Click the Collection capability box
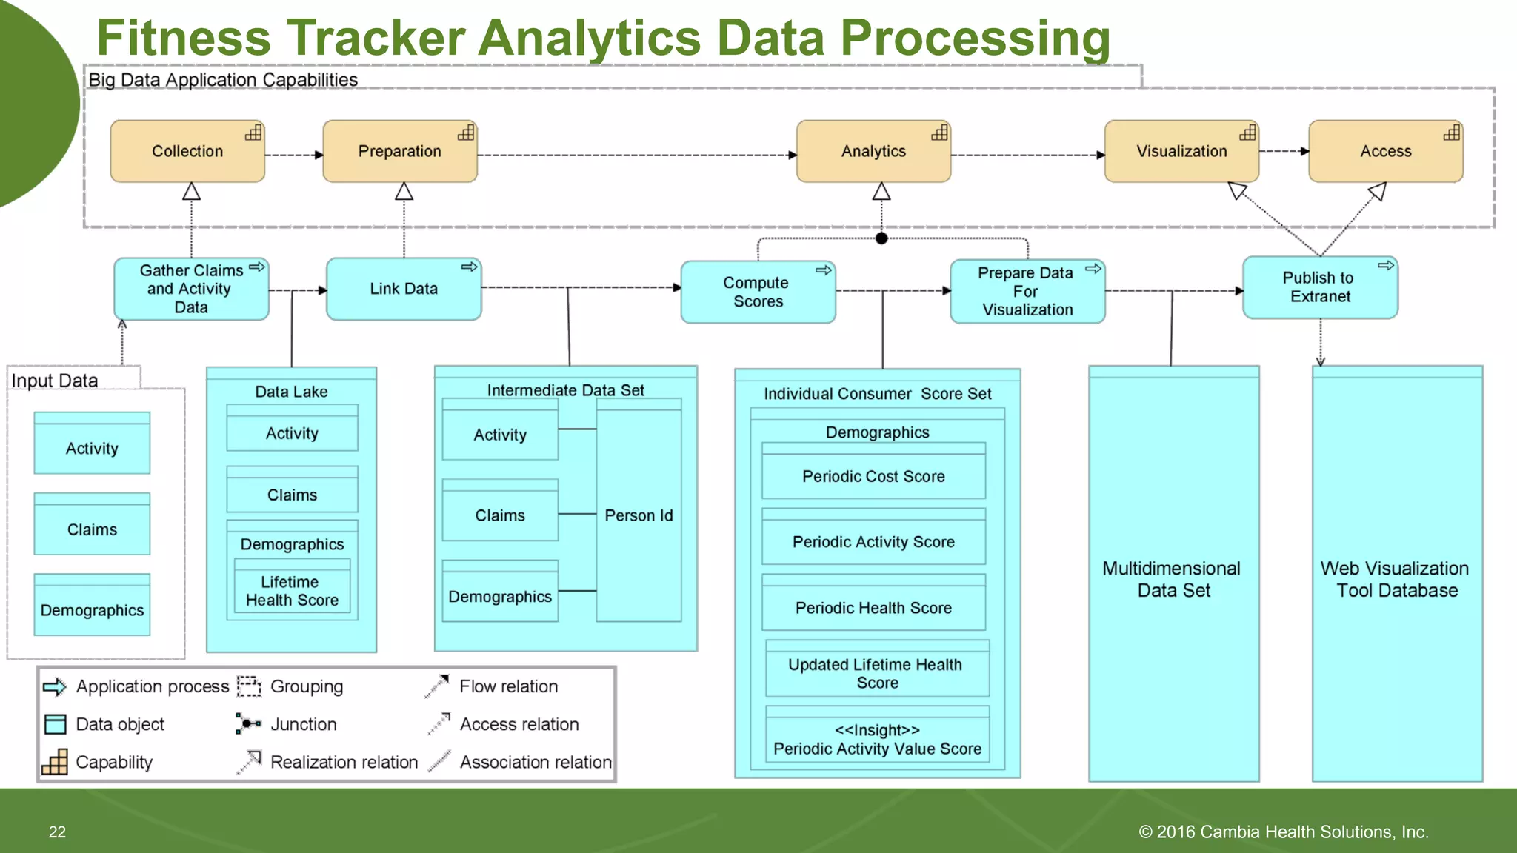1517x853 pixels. tap(187, 152)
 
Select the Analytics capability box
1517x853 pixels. tap(873, 152)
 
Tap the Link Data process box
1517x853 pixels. tap(404, 289)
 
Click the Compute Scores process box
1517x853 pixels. tap(757, 292)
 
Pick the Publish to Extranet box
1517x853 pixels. tap(1319, 287)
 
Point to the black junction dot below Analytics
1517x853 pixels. tap(881, 238)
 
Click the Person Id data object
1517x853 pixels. tap(639, 515)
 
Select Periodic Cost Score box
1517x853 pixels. tap(873, 476)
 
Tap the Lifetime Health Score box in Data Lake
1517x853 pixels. tap(292, 591)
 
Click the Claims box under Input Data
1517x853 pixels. tap(92, 529)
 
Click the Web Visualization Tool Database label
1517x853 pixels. tap(1396, 579)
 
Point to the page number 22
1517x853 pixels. tap(57, 832)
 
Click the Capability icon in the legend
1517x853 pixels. tap(55, 762)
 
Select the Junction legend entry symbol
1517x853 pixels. tap(248, 723)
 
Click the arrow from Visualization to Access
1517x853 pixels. tap(1283, 151)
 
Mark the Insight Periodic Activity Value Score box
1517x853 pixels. tap(877, 739)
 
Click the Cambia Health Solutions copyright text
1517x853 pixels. tap(1283, 832)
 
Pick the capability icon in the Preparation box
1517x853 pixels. tap(466, 133)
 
